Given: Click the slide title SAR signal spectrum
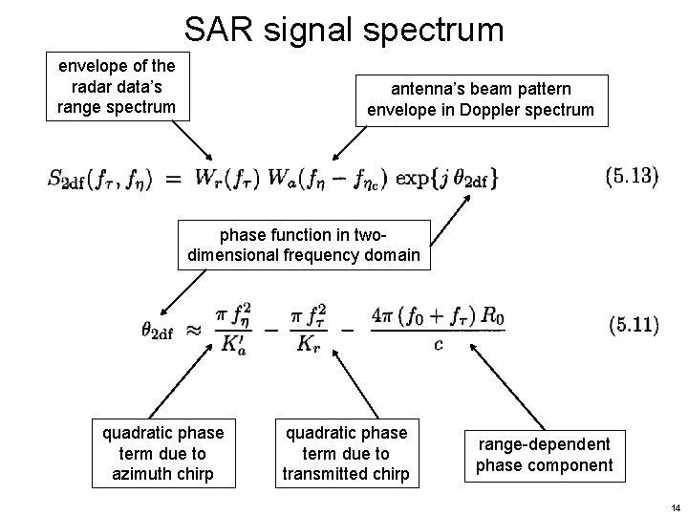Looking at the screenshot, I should coord(344,30).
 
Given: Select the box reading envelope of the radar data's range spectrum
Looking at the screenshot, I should coord(118,86).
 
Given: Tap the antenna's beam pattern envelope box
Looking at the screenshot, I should coord(481,99).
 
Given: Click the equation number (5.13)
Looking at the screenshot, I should coord(632,177).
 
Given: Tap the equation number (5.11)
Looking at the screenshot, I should coord(632,325).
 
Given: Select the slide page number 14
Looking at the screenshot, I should coord(673,505).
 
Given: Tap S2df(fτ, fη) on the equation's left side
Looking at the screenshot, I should coord(98,178).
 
